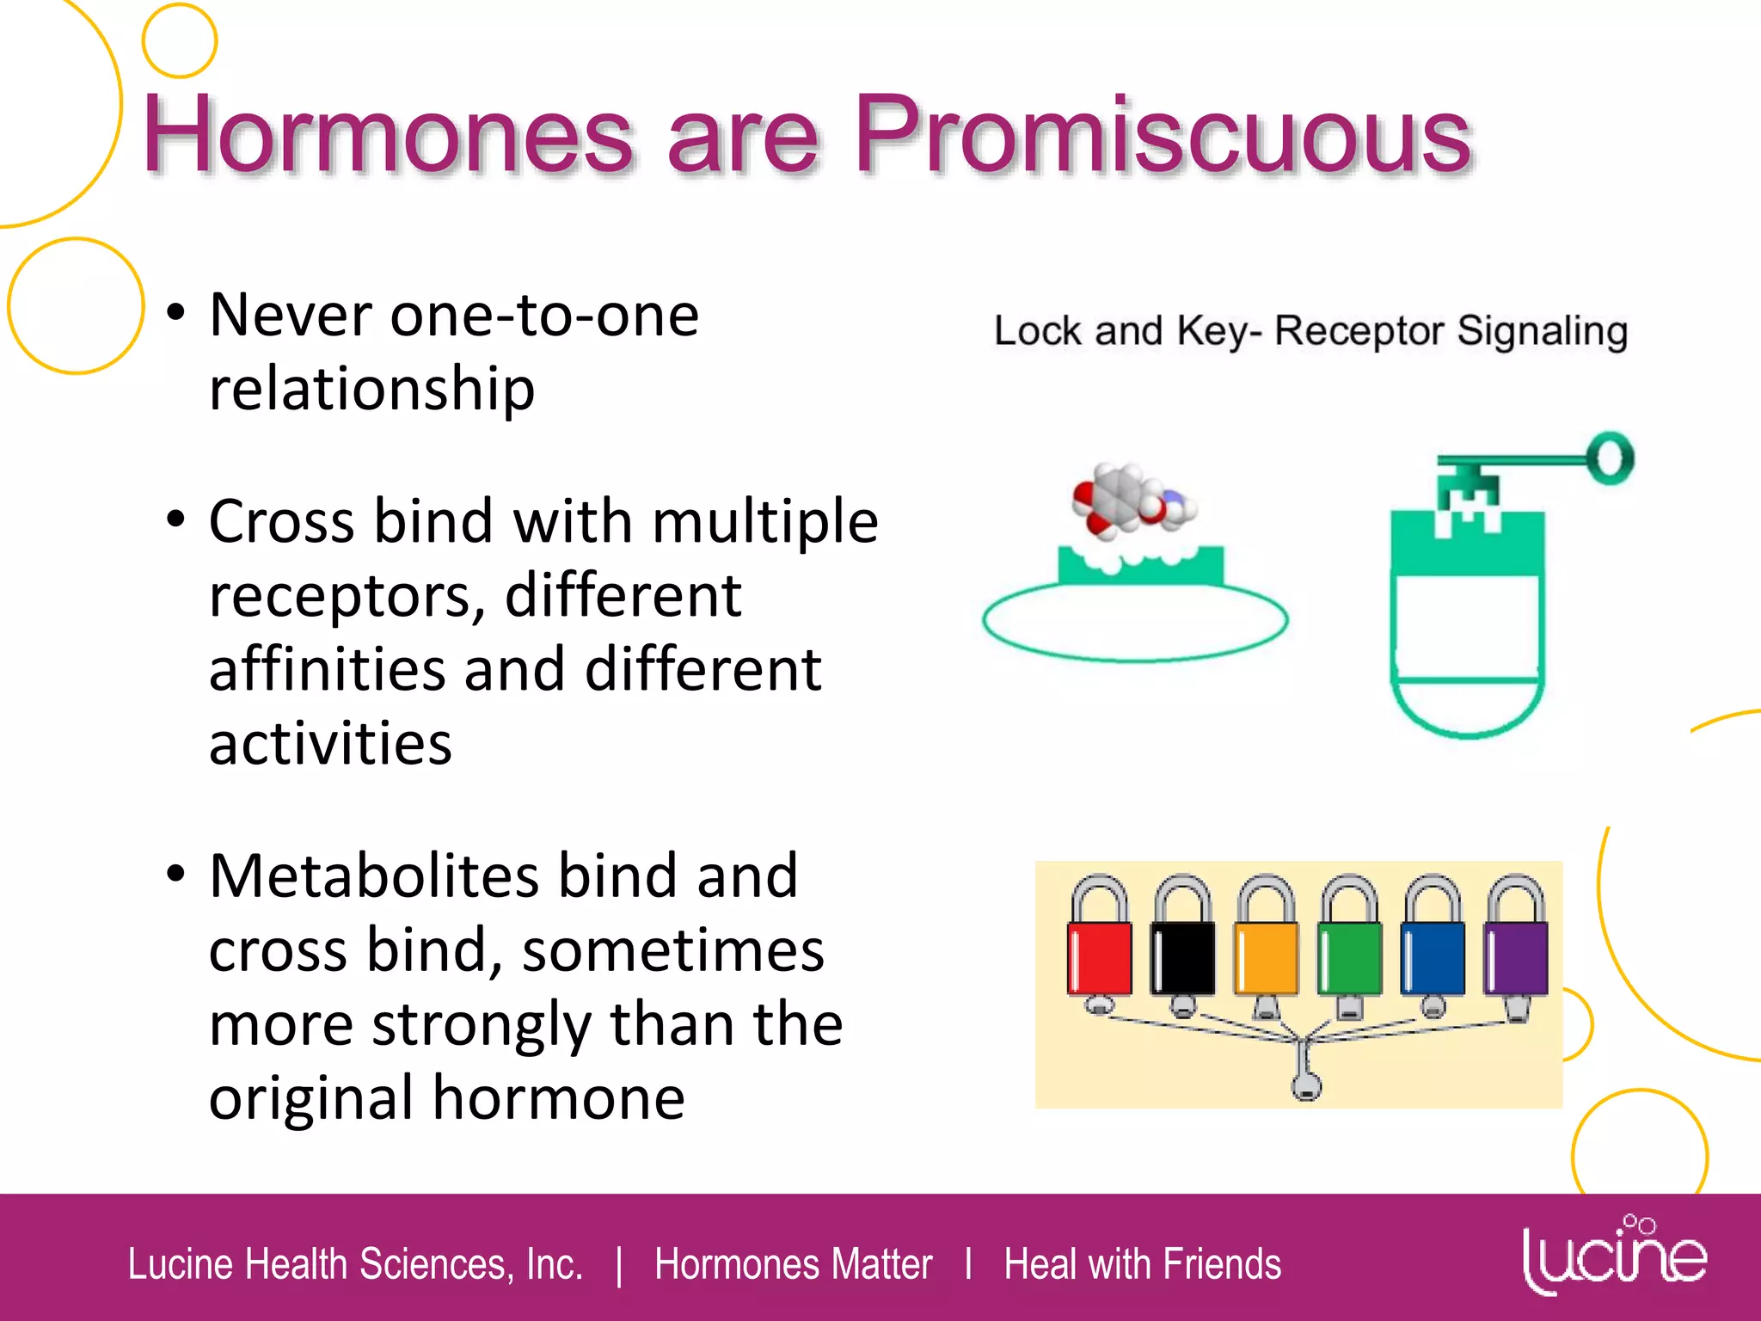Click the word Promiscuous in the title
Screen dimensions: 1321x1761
click(1163, 136)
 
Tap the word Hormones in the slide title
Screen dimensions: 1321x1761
click(387, 136)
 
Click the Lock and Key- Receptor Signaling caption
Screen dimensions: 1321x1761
click(1310, 331)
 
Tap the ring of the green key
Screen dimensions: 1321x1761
click(1611, 458)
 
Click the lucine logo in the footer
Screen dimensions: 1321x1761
click(1614, 1256)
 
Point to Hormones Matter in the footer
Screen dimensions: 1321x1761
click(793, 1264)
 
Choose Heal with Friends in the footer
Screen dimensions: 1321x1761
click(1142, 1264)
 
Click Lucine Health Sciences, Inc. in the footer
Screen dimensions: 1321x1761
click(355, 1264)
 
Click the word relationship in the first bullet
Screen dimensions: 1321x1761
click(371, 389)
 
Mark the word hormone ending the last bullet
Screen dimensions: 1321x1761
click(558, 1098)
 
